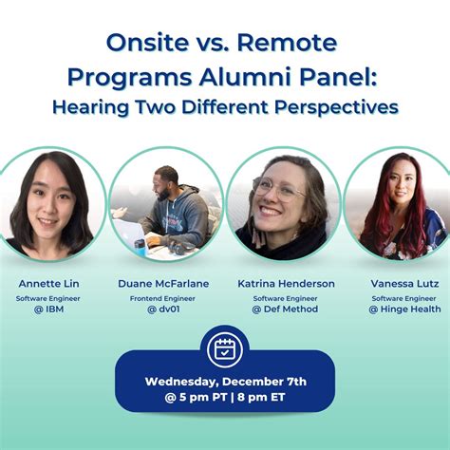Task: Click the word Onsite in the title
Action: [x=147, y=43]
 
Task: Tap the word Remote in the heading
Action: [x=287, y=43]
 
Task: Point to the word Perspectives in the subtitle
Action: [x=336, y=107]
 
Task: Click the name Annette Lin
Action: [x=48, y=284]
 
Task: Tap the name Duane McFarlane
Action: [x=163, y=284]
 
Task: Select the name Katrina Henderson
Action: [x=286, y=284]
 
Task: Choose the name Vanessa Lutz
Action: [x=404, y=284]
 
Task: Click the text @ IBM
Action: [x=48, y=309]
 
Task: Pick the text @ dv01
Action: [x=163, y=309]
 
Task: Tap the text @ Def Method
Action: [x=285, y=309]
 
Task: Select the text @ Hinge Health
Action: [x=404, y=309]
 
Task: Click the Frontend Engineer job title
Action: [x=162, y=298]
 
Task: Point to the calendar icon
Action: [x=225, y=350]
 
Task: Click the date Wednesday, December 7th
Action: [x=226, y=382]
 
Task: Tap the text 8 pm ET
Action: [x=261, y=397]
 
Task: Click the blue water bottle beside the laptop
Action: [x=141, y=247]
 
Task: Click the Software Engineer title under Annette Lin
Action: [x=48, y=298]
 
